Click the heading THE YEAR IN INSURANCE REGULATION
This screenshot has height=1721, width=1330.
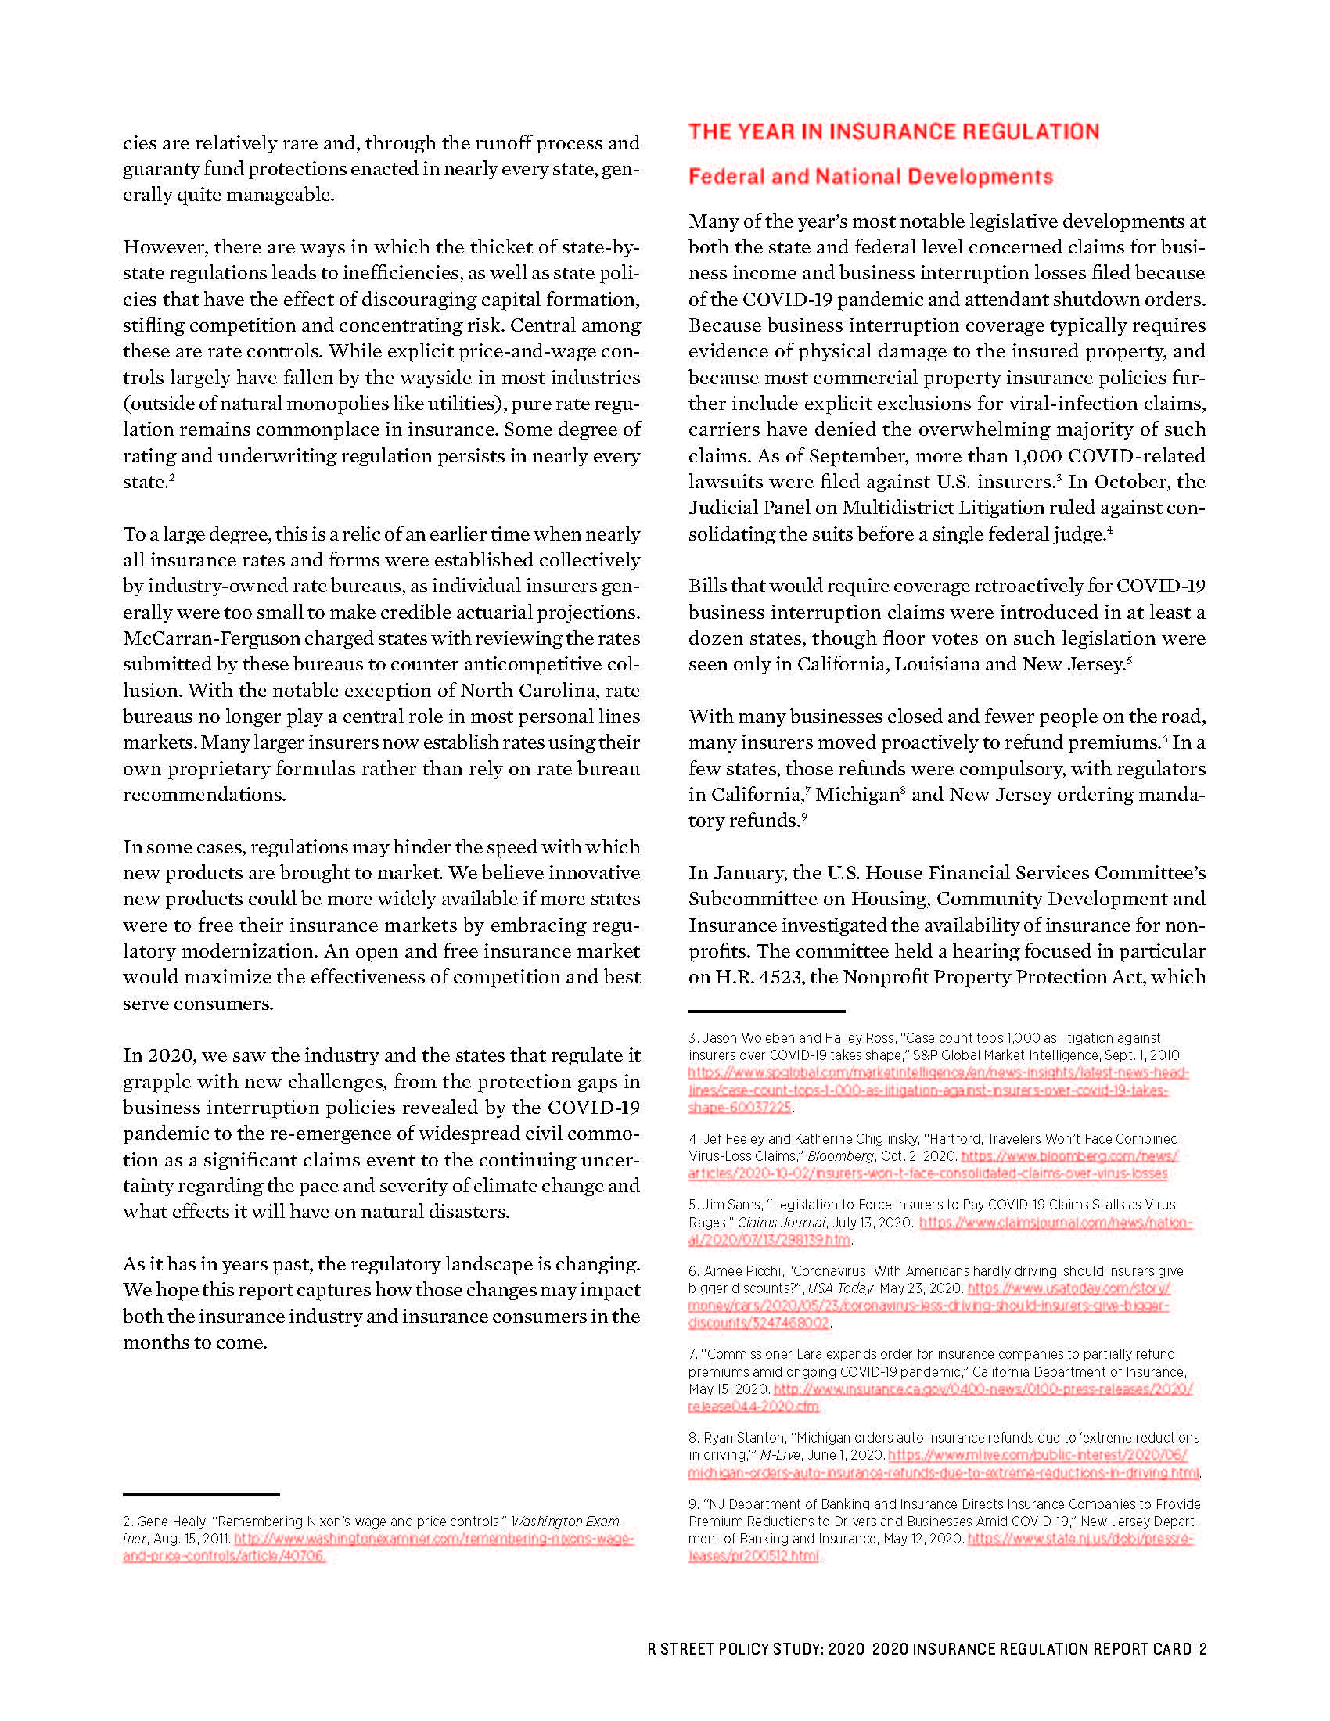coord(893,131)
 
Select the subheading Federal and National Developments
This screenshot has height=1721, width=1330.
coord(871,177)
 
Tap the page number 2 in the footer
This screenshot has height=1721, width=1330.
coord(1202,1649)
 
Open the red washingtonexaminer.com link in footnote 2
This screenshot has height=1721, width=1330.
coord(433,1538)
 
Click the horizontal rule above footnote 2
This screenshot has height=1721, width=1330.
coord(201,1494)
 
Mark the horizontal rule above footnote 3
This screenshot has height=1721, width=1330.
coord(767,1010)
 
